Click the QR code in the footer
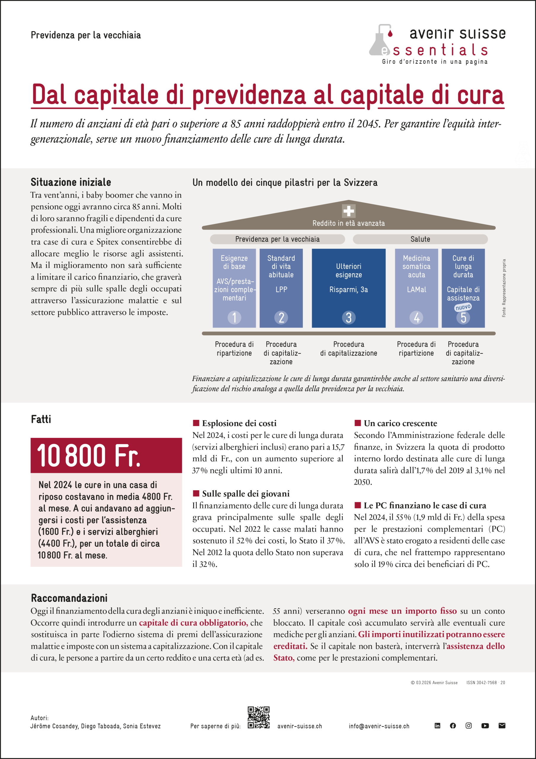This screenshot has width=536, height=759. click(x=259, y=717)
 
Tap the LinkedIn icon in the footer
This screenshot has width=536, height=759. click(x=437, y=725)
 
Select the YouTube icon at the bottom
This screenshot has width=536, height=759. click(x=485, y=725)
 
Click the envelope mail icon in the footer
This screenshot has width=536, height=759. click(x=502, y=725)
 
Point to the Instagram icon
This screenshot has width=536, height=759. click(x=468, y=725)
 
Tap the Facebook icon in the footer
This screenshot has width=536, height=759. click(x=453, y=725)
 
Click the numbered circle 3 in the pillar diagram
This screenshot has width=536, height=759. click(x=349, y=318)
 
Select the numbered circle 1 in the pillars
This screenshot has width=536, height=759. click(x=234, y=318)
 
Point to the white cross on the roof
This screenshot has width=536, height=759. click(x=349, y=211)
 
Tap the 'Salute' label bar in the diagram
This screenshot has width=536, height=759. click(x=420, y=239)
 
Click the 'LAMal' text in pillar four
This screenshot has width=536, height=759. click(x=416, y=290)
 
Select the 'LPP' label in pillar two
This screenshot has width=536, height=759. click(x=281, y=290)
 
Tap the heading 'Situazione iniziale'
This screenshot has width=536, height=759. click(x=71, y=182)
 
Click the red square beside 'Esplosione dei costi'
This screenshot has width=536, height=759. click(x=196, y=423)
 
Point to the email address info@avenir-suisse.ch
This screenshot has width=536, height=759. click(x=379, y=726)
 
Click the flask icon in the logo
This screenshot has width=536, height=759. click(x=380, y=41)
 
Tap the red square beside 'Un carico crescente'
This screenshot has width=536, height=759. click(x=357, y=423)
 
